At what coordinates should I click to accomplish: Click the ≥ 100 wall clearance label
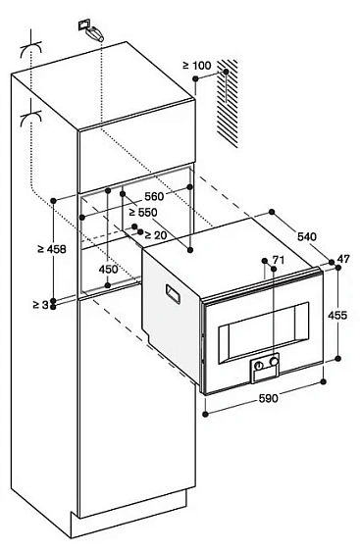(x=197, y=66)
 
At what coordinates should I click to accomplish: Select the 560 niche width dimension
(x=154, y=196)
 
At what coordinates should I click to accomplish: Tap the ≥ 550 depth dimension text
(x=142, y=213)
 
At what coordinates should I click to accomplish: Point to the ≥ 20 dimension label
(x=156, y=234)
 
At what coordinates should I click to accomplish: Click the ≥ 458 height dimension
(x=52, y=249)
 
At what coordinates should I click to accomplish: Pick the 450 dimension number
(x=108, y=270)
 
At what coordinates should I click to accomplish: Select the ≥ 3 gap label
(x=40, y=305)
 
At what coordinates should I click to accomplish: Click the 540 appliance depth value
(x=307, y=237)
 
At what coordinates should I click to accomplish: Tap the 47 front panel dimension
(x=343, y=259)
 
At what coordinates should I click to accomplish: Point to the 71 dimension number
(x=279, y=260)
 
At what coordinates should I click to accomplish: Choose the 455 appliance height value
(x=337, y=315)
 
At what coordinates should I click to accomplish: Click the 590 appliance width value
(x=268, y=398)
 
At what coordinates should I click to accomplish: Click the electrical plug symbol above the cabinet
(x=90, y=30)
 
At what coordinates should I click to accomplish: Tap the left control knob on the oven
(x=260, y=366)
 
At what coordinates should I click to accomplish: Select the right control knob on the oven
(x=274, y=361)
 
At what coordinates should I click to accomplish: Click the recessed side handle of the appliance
(x=173, y=293)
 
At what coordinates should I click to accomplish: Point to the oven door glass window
(x=263, y=332)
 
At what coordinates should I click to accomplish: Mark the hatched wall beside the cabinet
(x=228, y=103)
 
